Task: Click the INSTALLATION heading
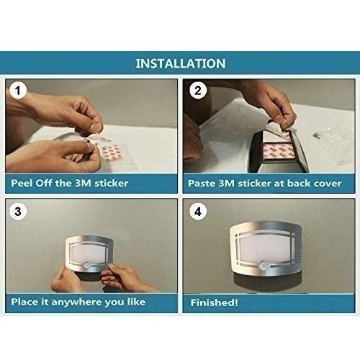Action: (x=181, y=63)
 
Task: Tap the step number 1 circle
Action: (x=18, y=91)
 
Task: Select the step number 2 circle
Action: (x=198, y=91)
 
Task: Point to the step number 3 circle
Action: (x=18, y=212)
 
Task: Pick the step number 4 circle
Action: (x=198, y=212)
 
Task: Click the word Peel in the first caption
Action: (x=22, y=183)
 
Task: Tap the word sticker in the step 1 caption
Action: (x=111, y=184)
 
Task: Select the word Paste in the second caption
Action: (x=202, y=184)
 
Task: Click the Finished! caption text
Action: (x=214, y=302)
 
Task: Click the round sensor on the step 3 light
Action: (x=87, y=266)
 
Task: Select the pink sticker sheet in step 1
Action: (x=112, y=153)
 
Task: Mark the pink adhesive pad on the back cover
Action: (x=279, y=150)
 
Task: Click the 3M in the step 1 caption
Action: (x=83, y=183)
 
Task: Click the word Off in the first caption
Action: (x=44, y=183)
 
